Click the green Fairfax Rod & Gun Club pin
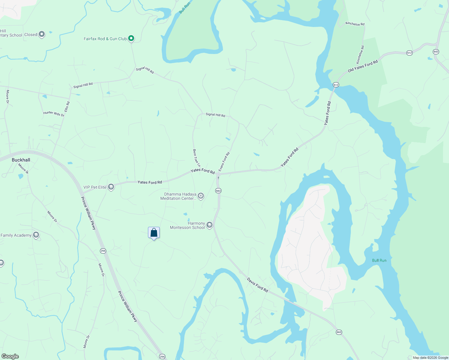[x=131, y=38]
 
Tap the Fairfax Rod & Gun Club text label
[x=105, y=39]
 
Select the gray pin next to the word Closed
[x=42, y=34]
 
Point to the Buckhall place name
[x=21, y=160]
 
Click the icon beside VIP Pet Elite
[x=111, y=187]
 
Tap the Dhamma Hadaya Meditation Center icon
[x=201, y=196]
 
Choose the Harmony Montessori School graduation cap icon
[x=209, y=225]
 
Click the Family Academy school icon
[x=36, y=235]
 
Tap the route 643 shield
[x=436, y=52]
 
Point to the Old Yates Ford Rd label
[x=363, y=66]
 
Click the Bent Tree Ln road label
[x=197, y=158]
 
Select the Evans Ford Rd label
[x=224, y=162]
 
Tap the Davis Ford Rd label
[x=257, y=285]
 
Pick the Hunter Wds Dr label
[x=54, y=114]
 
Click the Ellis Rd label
[x=67, y=107]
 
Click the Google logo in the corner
[x=10, y=356]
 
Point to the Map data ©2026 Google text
[x=430, y=358]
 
